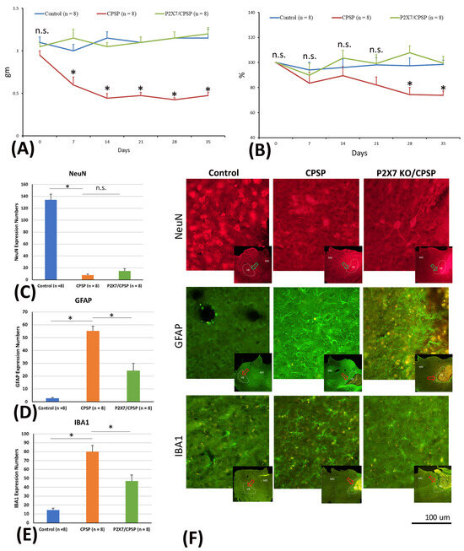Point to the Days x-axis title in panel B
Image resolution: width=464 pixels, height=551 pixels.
coord(359,154)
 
